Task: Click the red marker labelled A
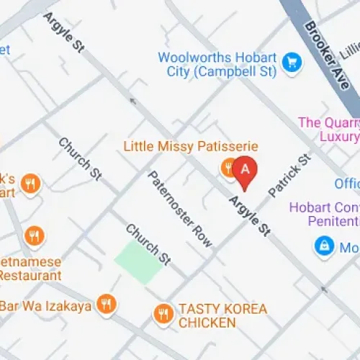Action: tap(246, 171)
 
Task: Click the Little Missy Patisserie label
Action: tap(190, 146)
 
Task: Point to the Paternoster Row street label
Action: tap(180, 209)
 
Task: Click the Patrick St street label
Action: tap(288, 175)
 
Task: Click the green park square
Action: tap(138, 263)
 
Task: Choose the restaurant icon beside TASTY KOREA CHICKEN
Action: tap(163, 313)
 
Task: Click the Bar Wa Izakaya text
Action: tap(45, 306)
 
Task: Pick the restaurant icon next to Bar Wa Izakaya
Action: tap(107, 305)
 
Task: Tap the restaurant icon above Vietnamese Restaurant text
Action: tap(33, 235)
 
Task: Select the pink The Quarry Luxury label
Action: tap(328, 130)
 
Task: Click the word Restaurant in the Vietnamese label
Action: tap(30, 275)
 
